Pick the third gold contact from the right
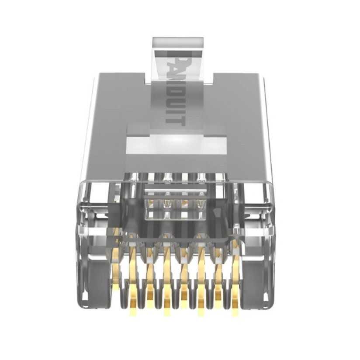(x=201, y=280)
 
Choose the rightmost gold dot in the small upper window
(x=200, y=204)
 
